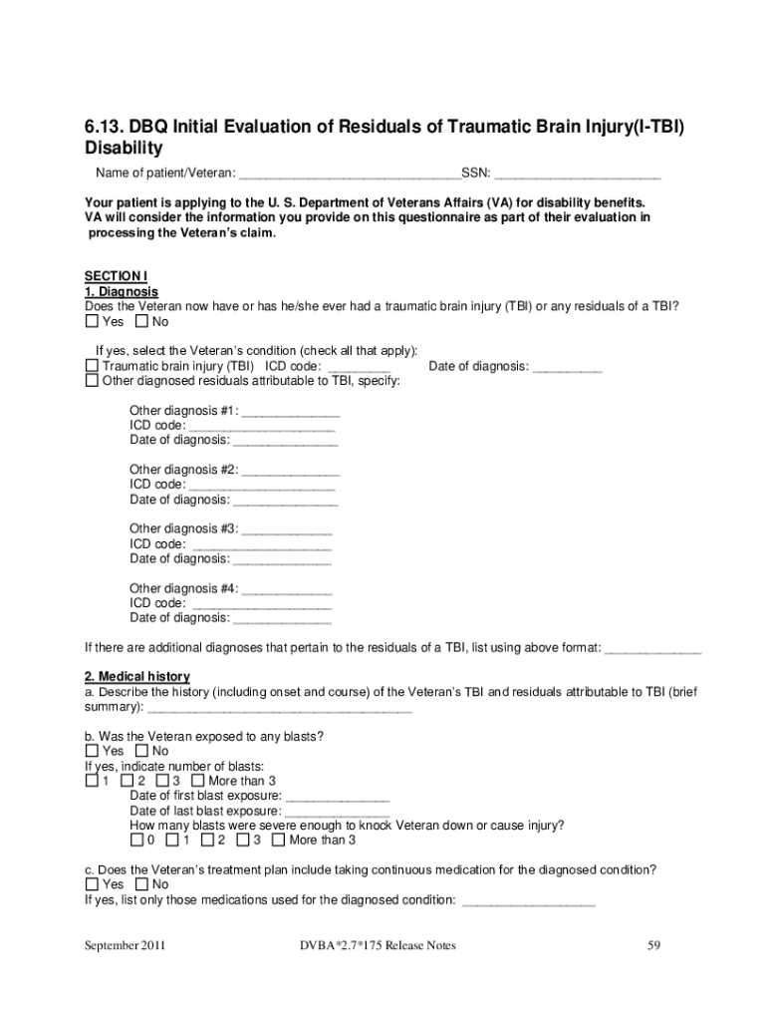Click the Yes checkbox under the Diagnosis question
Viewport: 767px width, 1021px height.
click(92, 322)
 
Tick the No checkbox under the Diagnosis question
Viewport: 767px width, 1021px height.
click(141, 322)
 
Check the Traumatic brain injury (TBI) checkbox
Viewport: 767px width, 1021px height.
click(92, 366)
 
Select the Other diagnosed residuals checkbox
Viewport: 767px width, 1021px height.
click(92, 381)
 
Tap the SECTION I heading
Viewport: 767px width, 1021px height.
click(116, 276)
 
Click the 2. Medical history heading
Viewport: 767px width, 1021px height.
click(136, 676)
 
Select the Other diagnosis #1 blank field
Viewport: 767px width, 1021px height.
click(291, 411)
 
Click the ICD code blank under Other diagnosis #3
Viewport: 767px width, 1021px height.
click(261, 544)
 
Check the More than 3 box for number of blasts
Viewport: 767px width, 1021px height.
click(197, 781)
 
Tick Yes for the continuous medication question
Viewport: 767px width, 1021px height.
click(92, 884)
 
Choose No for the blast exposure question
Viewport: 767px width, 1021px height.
click(141, 751)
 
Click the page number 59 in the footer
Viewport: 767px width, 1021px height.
click(654, 945)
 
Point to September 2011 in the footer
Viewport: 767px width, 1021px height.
click(125, 945)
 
